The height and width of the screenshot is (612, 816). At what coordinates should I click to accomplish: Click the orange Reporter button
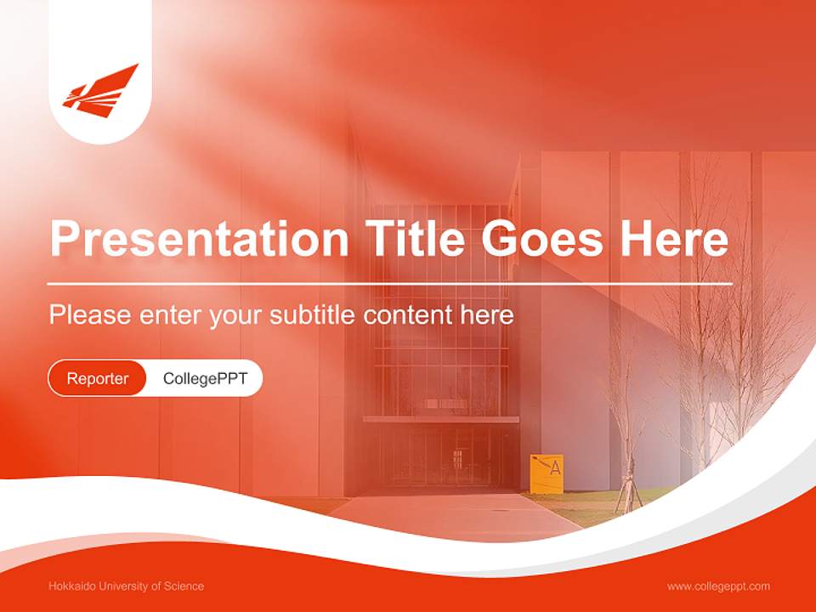98,378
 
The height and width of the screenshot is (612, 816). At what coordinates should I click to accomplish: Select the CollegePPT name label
205,378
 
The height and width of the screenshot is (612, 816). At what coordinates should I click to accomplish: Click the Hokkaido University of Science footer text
127,586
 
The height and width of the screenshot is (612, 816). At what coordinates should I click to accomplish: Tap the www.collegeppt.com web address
718,586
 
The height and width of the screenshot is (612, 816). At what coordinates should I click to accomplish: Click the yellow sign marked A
547,473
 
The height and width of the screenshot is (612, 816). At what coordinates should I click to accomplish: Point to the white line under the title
390,283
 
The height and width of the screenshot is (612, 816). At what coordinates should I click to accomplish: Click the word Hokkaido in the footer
72,586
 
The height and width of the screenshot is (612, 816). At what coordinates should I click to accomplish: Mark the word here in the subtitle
487,315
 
